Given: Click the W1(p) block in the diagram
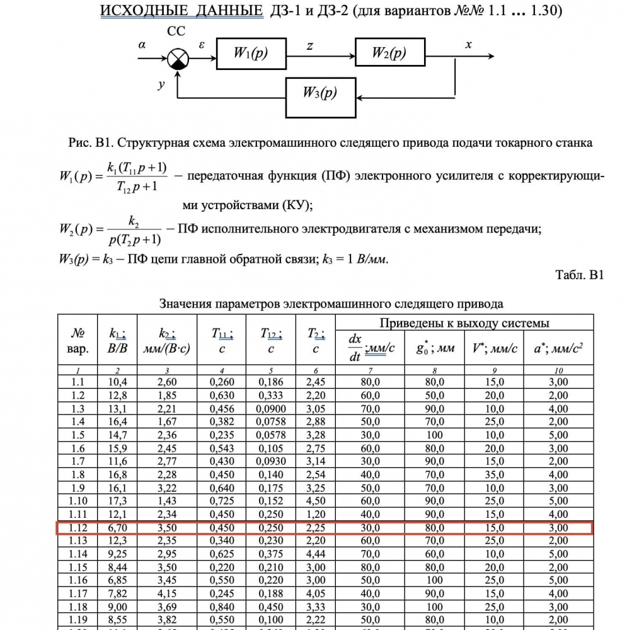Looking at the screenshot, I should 251,54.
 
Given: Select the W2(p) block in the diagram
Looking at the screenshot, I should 389,54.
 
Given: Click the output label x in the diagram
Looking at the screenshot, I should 468,45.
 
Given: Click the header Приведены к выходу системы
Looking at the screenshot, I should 464,323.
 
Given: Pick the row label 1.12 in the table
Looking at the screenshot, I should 79,528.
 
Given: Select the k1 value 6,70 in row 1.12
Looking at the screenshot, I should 118,528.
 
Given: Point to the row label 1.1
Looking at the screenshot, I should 79,382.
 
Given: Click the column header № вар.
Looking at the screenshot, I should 79,340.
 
